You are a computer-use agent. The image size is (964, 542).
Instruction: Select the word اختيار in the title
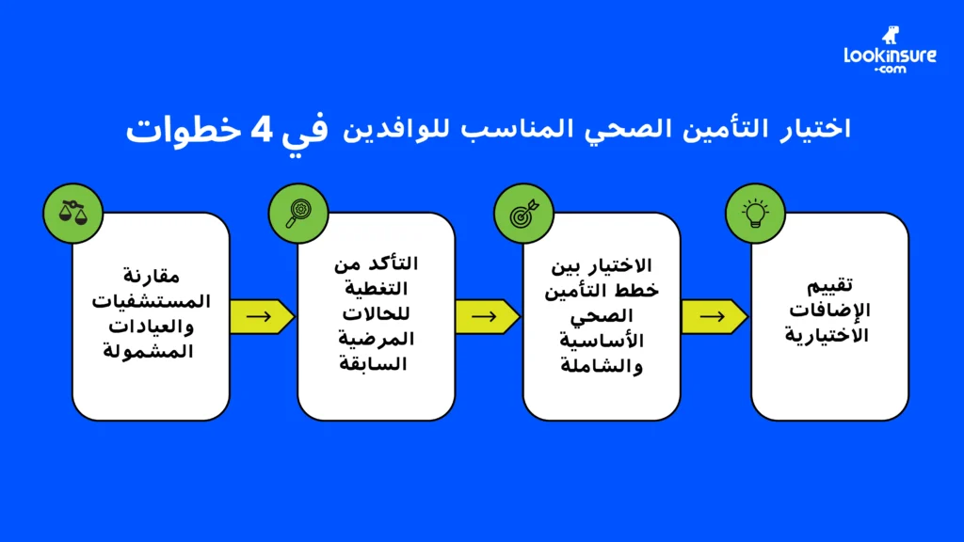816,129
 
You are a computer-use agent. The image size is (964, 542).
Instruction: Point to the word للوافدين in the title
400,129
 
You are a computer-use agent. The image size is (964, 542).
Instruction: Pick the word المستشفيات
151,301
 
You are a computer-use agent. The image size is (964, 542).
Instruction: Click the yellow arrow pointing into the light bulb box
713,316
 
